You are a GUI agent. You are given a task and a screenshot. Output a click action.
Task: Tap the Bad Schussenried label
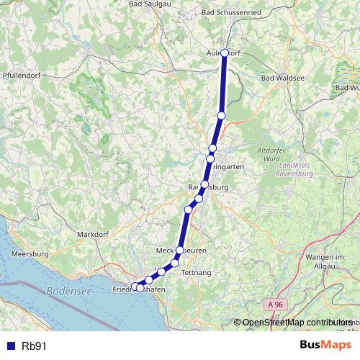[230, 12]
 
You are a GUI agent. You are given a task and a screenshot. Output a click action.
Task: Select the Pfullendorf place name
[22, 74]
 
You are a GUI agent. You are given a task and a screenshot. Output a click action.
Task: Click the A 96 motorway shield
[270, 305]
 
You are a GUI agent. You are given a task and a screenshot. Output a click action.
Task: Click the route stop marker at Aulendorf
[225, 53]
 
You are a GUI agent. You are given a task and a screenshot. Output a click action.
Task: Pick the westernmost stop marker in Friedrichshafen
[135, 287]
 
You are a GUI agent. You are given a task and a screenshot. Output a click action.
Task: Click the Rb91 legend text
[35, 346]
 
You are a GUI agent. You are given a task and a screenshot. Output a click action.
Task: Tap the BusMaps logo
[325, 345]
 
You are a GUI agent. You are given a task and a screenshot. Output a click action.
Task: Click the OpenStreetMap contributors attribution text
[297, 323]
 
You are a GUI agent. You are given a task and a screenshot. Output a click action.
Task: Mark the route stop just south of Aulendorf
[222, 115]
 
